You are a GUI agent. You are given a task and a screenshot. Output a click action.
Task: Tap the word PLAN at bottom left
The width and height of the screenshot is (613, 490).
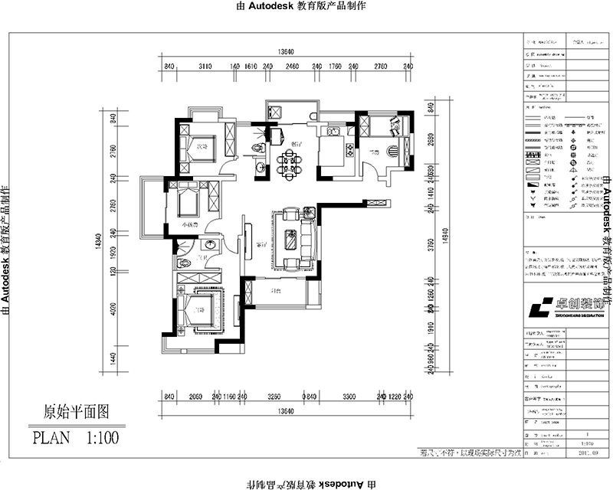50,438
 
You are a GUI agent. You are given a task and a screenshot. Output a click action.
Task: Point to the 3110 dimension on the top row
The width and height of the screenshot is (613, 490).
205,67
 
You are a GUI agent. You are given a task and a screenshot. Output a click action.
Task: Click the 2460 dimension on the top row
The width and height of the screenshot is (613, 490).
292,67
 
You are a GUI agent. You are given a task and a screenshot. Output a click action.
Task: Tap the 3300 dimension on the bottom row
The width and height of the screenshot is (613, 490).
348,397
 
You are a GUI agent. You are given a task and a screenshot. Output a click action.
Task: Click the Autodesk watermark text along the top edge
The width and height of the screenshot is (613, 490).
306,5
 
